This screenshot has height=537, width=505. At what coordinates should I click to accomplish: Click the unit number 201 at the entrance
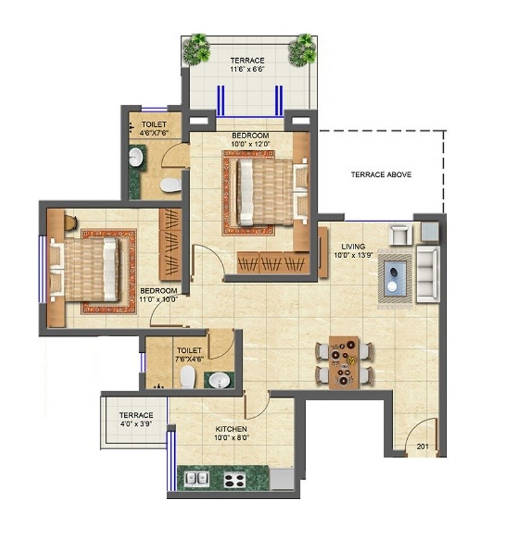(x=422, y=447)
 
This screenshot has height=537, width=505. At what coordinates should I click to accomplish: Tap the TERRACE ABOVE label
(x=381, y=174)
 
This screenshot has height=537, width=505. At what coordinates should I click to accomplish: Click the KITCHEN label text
(x=231, y=429)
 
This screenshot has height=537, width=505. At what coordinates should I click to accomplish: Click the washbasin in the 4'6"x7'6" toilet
(x=136, y=157)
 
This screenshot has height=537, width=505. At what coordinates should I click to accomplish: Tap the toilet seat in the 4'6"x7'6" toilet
(x=169, y=185)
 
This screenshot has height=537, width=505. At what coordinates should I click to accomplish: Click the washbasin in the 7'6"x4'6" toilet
(x=218, y=380)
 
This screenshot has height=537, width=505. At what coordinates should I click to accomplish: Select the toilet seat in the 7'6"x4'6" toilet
(x=187, y=377)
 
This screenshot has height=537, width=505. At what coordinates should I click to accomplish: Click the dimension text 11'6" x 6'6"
(x=247, y=71)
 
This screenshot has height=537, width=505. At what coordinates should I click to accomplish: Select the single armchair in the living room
(x=400, y=235)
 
